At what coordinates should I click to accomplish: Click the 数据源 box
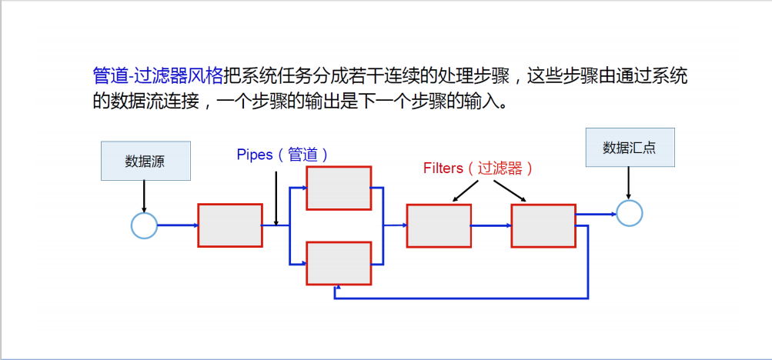145,162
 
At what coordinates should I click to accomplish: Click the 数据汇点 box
630,148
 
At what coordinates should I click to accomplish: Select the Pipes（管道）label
282,155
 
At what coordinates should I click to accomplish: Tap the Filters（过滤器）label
478,168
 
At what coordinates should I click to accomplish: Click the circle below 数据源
144,225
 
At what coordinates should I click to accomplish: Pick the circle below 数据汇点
629,213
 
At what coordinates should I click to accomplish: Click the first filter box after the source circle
229,225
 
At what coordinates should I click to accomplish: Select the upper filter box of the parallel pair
339,187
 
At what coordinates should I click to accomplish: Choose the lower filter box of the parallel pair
339,263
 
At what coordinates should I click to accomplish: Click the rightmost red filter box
543,225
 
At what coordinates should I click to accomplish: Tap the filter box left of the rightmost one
439,225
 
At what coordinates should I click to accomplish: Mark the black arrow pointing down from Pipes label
276,198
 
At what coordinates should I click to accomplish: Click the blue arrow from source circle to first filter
178,225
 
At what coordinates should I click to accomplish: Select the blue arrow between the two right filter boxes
491,225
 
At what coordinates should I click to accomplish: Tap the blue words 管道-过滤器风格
158,75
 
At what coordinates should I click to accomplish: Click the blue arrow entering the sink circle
597,214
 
